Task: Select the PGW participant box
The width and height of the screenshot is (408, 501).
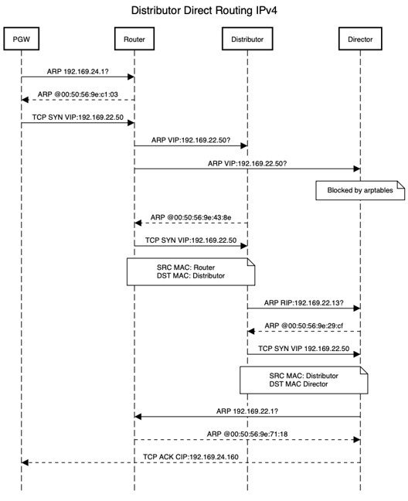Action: tap(21, 39)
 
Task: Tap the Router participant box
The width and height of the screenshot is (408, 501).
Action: tap(134, 39)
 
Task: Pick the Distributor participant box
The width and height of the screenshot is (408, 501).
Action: tap(247, 39)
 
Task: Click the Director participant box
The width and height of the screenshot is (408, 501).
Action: tap(360, 39)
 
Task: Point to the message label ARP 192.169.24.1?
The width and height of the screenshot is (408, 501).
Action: tap(77, 69)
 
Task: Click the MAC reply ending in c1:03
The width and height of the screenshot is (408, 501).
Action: tap(77, 93)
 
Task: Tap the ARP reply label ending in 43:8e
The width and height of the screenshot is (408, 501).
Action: tap(191, 217)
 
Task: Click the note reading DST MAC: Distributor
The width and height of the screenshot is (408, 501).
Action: tap(191, 275)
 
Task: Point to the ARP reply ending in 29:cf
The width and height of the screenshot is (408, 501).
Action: tap(304, 325)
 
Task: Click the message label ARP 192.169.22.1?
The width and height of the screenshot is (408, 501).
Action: tap(247, 411)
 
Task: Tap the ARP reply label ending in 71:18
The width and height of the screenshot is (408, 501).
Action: tap(247, 434)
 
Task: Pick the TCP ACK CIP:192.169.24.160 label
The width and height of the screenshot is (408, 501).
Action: tap(191, 457)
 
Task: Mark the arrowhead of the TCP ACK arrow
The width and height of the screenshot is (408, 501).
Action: tap(25, 462)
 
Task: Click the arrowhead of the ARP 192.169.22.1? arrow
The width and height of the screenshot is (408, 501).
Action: tap(138, 417)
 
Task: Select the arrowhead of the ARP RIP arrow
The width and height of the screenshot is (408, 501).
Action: tap(356, 308)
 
